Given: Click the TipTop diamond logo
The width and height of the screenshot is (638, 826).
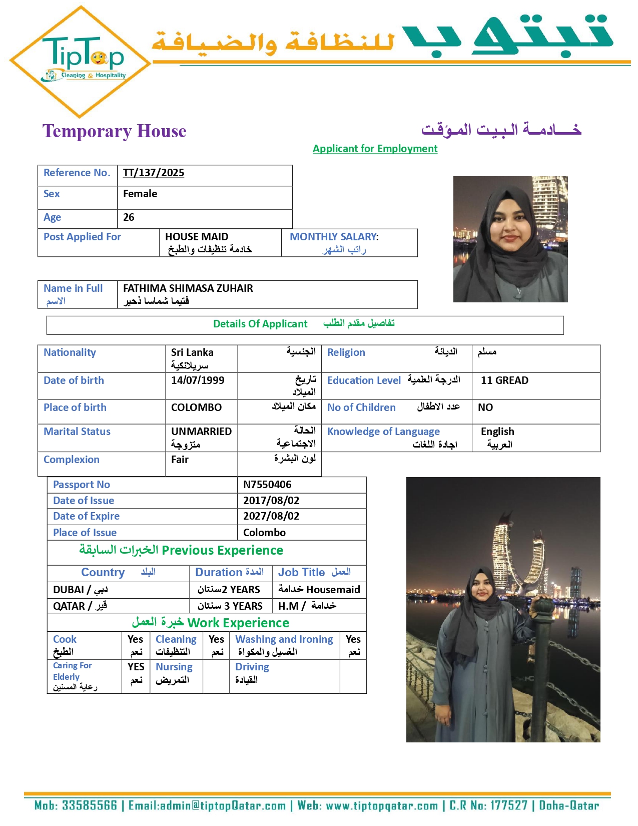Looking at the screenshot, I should pos(80,62).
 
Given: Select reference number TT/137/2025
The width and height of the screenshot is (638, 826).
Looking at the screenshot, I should pos(154,173).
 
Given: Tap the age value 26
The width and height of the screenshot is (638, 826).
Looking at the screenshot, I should pos(129,217).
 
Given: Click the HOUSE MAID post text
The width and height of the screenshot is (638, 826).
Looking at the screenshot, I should pos(197,237).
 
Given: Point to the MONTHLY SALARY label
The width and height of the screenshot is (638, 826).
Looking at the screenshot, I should pos(334,237).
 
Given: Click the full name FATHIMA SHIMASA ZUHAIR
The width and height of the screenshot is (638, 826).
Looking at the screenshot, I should pos(188,288).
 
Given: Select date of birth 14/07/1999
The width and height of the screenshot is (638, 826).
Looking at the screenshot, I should pos(198,380).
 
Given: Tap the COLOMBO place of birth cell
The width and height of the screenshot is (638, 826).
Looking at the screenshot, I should pos(196,407).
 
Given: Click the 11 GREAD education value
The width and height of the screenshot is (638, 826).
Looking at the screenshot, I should pos(504,380).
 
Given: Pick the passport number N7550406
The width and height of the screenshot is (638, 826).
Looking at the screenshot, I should pos(267,485).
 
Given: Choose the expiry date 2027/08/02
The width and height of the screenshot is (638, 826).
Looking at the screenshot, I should pos(271,516).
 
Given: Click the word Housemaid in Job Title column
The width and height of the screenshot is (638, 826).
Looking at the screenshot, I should pos(333,590).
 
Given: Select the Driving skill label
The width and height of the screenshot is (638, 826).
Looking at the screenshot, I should pos(252,667).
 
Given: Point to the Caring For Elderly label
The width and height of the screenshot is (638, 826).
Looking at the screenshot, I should pos(73,671).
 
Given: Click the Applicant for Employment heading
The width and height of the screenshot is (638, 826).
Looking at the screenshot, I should pos(375,149).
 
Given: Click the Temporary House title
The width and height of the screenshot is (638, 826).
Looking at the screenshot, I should pos(114,131).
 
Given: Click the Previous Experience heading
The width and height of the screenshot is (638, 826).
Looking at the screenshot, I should pos(222,550).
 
